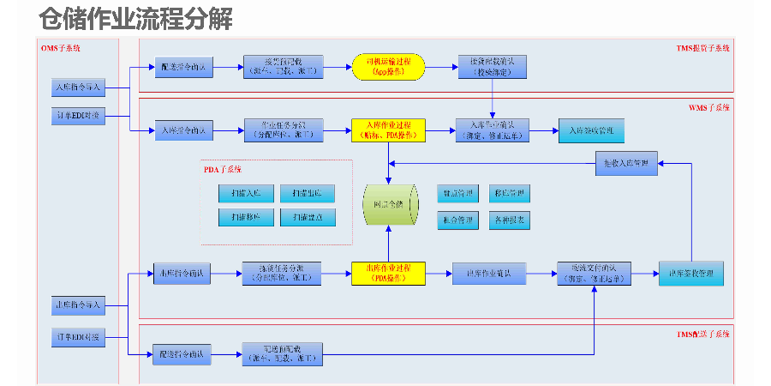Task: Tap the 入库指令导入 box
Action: click(x=77, y=87)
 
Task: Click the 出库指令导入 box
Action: click(x=77, y=305)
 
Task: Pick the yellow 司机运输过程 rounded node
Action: click(x=388, y=67)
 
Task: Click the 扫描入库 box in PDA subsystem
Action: click(x=246, y=192)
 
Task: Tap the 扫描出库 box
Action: click(x=308, y=192)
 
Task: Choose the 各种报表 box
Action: click(x=510, y=220)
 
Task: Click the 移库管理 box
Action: click(x=510, y=192)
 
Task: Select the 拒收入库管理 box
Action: click(x=627, y=163)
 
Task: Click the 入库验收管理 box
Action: click(x=592, y=130)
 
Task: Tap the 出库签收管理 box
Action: click(x=691, y=273)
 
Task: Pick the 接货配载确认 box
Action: click(x=492, y=67)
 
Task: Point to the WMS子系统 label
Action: click(x=708, y=108)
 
